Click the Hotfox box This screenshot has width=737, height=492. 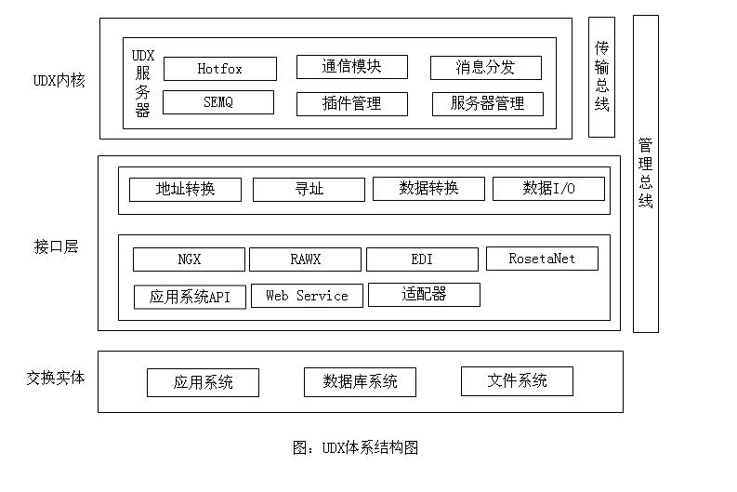click(220, 69)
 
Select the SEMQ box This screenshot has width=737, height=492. click(218, 102)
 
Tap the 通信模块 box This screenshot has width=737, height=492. click(352, 67)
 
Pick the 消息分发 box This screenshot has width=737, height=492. click(486, 68)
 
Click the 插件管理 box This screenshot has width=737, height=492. click(352, 103)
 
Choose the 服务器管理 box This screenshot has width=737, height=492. click(488, 103)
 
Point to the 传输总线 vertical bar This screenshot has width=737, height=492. click(601, 77)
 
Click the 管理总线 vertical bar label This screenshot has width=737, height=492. click(646, 173)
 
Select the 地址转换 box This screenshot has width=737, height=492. click(185, 189)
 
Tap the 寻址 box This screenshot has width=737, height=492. click(309, 189)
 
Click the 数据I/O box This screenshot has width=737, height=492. click(548, 188)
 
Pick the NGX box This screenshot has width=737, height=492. click(189, 259)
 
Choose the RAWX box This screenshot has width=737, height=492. click(305, 259)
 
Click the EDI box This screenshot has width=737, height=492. click(422, 259)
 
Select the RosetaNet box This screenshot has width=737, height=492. click(542, 259)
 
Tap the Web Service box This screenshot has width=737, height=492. click(307, 296)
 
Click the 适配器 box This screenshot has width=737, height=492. click(424, 295)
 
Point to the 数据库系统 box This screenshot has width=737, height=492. click(360, 382)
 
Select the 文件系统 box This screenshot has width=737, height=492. click(517, 381)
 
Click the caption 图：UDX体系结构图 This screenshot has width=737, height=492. click(355, 447)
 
